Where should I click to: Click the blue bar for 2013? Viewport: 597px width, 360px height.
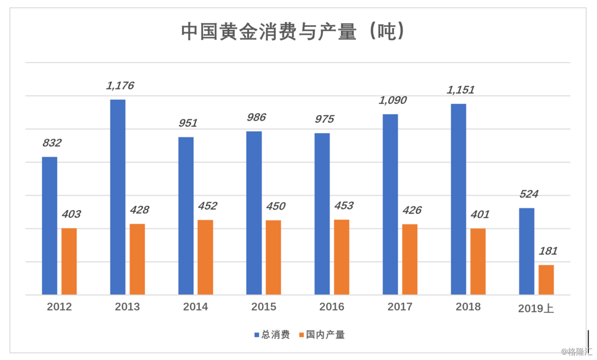pos(118,197)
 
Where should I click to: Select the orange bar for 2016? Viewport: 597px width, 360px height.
pos(341,257)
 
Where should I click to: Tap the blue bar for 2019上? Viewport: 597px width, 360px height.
pos(527,251)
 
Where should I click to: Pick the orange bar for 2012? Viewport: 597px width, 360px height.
pos(69,261)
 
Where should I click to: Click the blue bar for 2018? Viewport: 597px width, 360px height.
pos(458,199)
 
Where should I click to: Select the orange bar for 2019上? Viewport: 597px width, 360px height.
pos(546,279)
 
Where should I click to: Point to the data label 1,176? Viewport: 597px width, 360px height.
pos(120,86)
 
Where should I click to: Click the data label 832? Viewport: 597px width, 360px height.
pos(52,143)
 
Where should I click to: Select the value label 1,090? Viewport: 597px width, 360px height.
pos(392,100)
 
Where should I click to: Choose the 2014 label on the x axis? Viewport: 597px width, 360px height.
pos(195,307)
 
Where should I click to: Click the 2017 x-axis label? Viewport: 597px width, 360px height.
pos(399,307)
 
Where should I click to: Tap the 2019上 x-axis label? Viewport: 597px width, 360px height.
pos(536,308)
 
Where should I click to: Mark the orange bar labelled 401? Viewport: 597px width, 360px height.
pos(478,261)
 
